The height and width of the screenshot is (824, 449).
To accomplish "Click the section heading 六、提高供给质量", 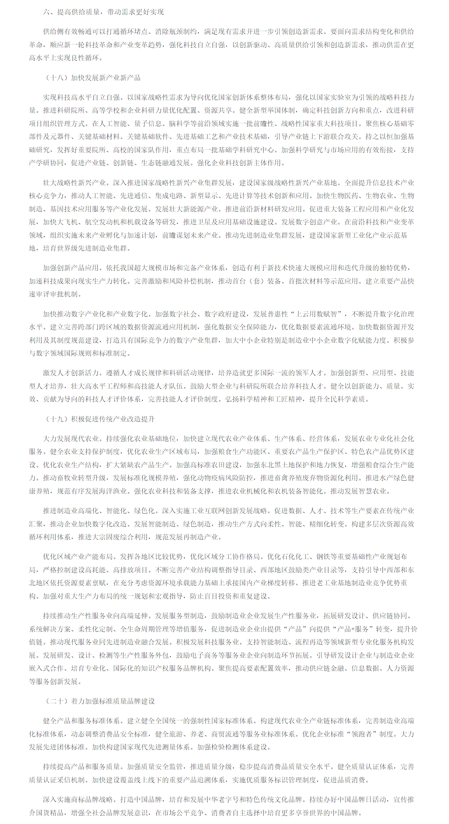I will pyautogui.click(x=103, y=12).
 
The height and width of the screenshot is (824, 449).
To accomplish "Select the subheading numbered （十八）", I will pyautogui.click(x=93, y=78).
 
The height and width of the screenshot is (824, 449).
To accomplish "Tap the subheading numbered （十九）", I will pyautogui.click(x=100, y=419).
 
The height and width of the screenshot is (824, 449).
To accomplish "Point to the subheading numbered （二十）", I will pyautogui.click(x=100, y=701).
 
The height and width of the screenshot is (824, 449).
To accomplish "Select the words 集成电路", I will pyautogui.click(x=169, y=196).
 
